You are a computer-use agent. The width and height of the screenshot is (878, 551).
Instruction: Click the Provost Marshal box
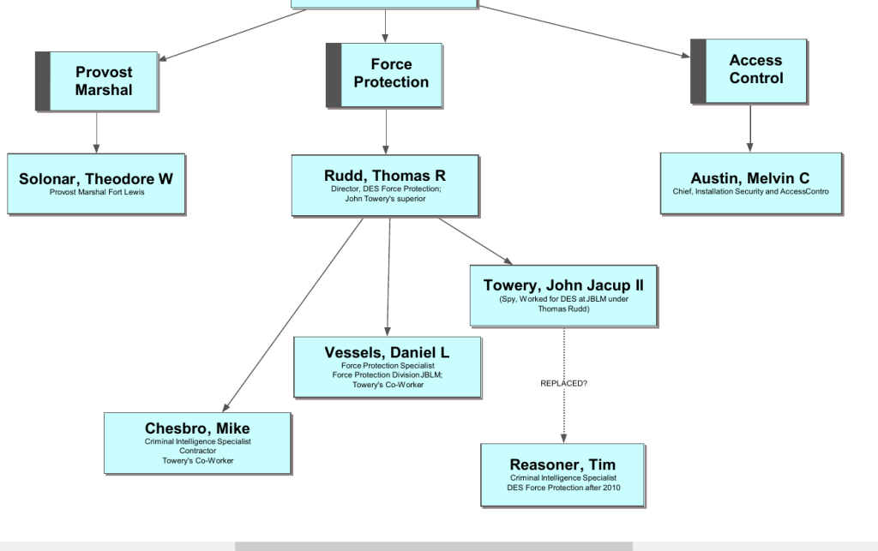[104, 81]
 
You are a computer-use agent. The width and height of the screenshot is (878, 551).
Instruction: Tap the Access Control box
[755, 69]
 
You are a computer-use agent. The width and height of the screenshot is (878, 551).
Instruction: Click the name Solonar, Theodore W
[96, 179]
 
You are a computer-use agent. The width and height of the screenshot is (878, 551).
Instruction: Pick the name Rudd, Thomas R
[385, 176]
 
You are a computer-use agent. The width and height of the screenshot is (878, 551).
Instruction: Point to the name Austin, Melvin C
[750, 178]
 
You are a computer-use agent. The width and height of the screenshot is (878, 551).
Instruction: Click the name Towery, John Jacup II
[563, 285]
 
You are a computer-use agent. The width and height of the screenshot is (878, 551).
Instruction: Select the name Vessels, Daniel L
[387, 352]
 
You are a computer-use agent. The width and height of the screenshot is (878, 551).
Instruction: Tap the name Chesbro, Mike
[197, 428]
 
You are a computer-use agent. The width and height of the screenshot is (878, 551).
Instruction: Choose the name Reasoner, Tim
[562, 465]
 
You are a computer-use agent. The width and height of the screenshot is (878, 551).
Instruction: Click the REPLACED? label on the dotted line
[563, 383]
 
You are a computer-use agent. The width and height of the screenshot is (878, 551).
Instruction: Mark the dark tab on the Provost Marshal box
[43, 81]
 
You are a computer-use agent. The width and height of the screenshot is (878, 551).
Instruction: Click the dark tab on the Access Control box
[698, 71]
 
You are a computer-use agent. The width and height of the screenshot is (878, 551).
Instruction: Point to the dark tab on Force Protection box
[334, 75]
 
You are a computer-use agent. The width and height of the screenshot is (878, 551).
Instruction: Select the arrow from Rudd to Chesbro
[292, 314]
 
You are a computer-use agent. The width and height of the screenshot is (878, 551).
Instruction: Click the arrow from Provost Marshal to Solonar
[97, 132]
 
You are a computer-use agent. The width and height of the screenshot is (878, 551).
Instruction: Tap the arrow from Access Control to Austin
[750, 128]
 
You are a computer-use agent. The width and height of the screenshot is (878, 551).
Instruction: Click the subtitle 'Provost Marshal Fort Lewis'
[97, 192]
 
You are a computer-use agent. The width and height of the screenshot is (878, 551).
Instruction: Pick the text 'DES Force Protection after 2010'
[563, 488]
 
